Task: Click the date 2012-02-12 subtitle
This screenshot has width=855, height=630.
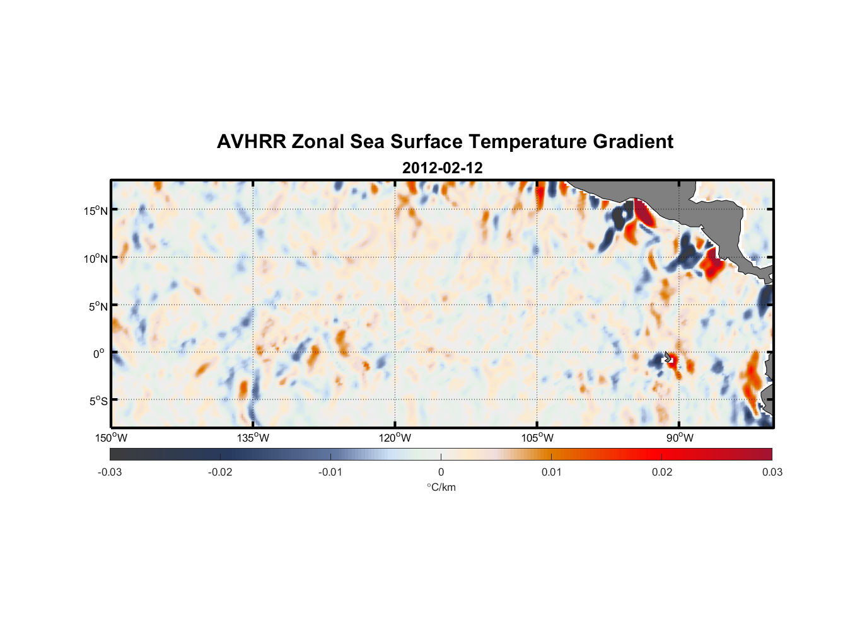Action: (x=442, y=168)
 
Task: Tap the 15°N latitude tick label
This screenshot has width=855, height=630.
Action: (x=96, y=210)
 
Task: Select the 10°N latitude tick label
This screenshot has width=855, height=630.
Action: (x=96, y=258)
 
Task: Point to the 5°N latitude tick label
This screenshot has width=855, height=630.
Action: (x=98, y=306)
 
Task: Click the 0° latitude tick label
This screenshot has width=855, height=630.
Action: (x=99, y=353)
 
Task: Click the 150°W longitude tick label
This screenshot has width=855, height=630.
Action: (x=111, y=438)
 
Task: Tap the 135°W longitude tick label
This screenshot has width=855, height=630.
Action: (x=253, y=438)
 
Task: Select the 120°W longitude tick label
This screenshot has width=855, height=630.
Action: (x=395, y=438)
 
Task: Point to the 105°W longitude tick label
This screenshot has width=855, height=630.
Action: (x=537, y=438)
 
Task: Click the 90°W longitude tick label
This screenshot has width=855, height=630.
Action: (x=680, y=438)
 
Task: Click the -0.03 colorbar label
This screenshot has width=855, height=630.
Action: (x=110, y=472)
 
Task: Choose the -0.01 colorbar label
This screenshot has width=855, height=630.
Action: (x=330, y=472)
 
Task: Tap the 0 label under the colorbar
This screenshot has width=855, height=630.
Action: (x=441, y=472)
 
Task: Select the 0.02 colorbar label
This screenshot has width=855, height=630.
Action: (x=662, y=472)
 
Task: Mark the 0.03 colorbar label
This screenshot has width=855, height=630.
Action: (x=772, y=472)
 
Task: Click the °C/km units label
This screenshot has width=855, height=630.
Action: (x=441, y=487)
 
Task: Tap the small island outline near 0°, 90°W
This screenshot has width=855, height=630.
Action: (x=668, y=357)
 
